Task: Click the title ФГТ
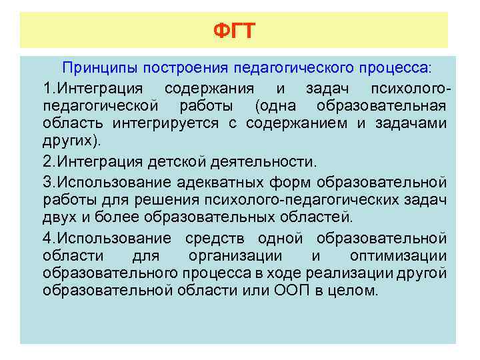click(234, 31)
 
